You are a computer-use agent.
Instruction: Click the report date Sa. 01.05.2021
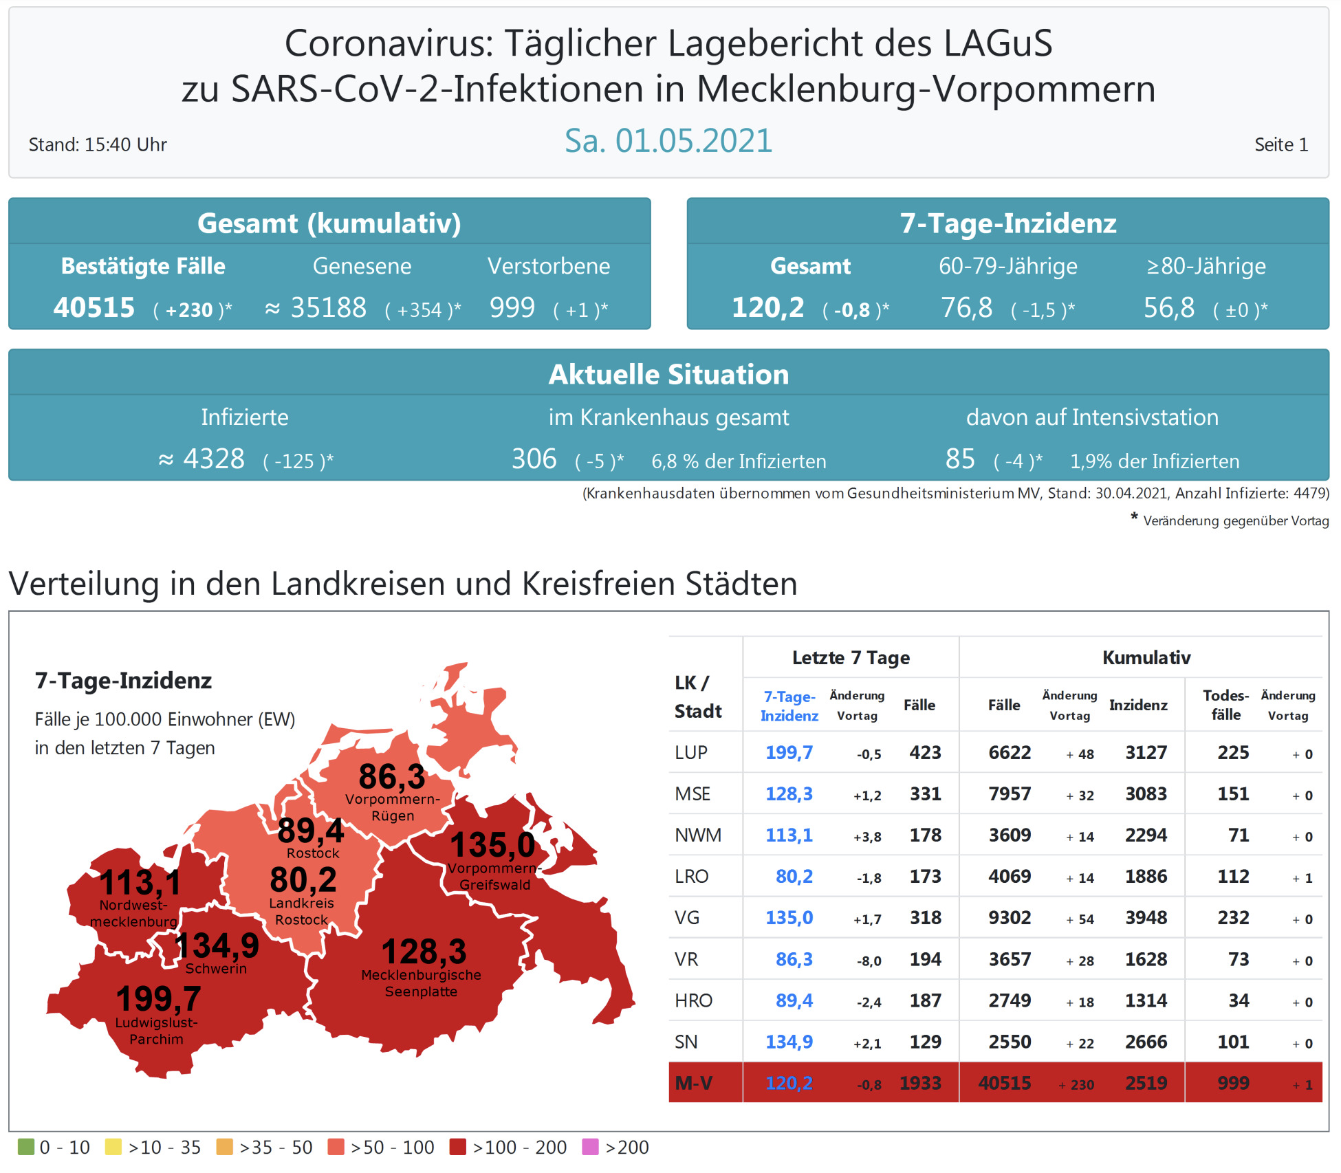tap(668, 141)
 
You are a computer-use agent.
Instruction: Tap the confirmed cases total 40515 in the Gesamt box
tap(94, 307)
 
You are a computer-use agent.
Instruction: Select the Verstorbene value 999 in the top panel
tap(512, 307)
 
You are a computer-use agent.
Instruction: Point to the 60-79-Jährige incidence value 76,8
tap(966, 307)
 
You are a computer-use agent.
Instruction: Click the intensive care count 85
tap(959, 459)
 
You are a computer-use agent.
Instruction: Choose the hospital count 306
tap(534, 459)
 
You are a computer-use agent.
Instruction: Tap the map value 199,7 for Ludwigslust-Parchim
tap(158, 998)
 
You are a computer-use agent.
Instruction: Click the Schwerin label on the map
tap(216, 968)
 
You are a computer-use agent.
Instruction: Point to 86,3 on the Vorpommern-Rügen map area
tap(392, 777)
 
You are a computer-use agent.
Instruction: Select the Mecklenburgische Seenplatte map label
tap(421, 983)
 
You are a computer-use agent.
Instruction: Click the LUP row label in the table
tap(690, 752)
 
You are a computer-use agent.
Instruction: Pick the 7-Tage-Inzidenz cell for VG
tap(789, 918)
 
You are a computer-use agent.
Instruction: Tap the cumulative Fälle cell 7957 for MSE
tap(1009, 794)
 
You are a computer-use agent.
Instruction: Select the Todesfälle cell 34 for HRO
tap(1238, 1000)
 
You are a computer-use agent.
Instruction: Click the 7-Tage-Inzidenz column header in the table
tap(789, 705)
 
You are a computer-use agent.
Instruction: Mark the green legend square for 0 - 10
tap(25, 1147)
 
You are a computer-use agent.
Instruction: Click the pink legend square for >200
tap(590, 1147)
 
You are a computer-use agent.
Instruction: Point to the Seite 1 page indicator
tap(1280, 144)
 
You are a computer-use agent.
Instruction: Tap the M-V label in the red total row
tap(693, 1083)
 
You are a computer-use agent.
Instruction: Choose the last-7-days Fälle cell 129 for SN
tap(925, 1042)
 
